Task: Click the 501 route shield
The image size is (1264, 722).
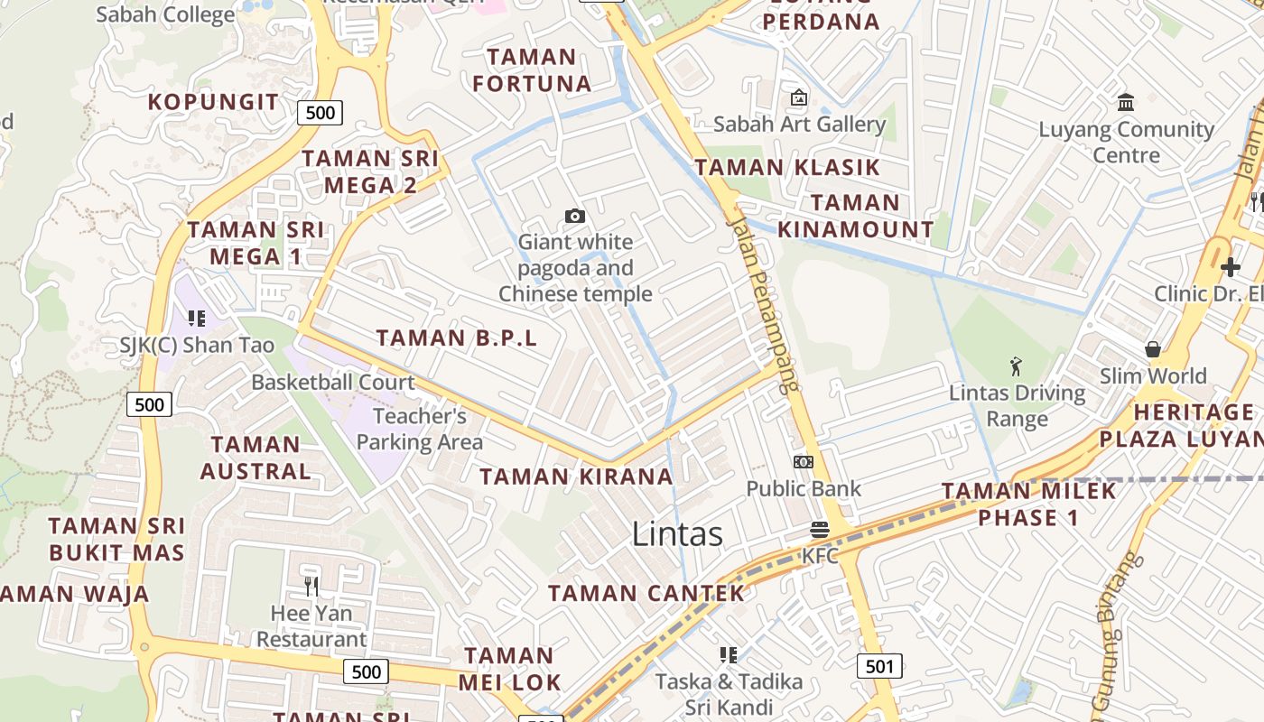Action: point(878,667)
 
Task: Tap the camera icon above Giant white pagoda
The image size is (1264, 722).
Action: point(575,216)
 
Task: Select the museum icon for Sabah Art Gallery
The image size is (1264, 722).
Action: point(798,97)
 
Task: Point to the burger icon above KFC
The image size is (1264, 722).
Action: point(820,530)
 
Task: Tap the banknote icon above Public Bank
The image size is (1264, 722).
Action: point(803,462)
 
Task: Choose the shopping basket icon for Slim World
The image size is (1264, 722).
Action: point(1153,348)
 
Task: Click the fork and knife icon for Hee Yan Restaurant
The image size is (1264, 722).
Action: point(311,587)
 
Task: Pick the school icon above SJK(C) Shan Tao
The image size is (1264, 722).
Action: point(197,318)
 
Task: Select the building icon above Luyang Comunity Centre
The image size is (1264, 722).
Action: point(1126,102)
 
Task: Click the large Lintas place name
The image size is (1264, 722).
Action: point(677,533)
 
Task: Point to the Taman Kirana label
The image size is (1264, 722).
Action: point(576,477)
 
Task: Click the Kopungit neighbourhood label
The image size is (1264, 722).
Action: point(214,101)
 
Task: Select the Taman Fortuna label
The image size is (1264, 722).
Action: point(532,70)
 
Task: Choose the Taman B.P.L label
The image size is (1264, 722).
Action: point(457,338)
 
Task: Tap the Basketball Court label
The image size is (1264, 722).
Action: point(333,382)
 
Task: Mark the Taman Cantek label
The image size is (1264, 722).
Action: point(646,593)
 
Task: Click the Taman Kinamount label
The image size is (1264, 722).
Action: point(855,216)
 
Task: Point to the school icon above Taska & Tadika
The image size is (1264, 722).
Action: point(729,654)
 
